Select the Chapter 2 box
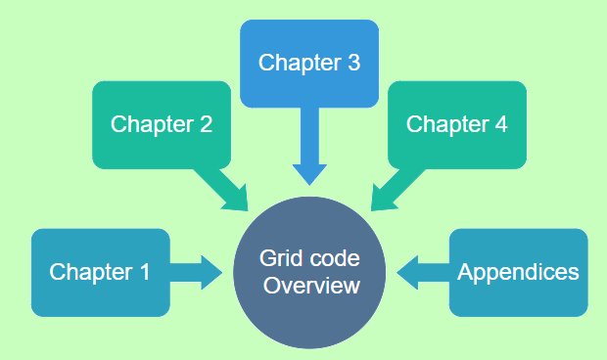coord(162,124)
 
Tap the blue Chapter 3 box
coord(309,63)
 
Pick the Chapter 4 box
coord(456,124)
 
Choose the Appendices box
coord(518,272)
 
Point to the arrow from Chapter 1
coord(201,272)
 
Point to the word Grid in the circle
coord(277,259)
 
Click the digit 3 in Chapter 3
coord(353,64)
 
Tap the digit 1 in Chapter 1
coord(144,273)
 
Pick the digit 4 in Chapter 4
coord(500,125)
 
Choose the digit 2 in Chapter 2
coord(206,125)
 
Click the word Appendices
coord(518,273)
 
